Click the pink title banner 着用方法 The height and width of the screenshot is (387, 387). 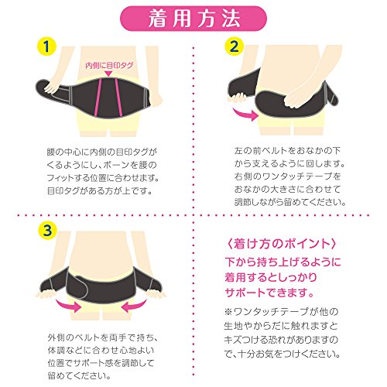coord(193,19)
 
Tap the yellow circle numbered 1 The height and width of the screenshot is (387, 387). coord(46,46)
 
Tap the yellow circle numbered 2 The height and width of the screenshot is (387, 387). coord(234,46)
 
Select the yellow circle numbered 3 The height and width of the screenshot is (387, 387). coord(47,230)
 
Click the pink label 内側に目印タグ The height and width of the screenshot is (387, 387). coord(109,66)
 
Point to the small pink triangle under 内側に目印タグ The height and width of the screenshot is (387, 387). coord(108,74)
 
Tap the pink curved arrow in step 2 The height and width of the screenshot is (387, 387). coord(245,115)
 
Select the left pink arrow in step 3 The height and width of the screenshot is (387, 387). coord(69,306)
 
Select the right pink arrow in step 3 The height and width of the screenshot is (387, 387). coord(134,306)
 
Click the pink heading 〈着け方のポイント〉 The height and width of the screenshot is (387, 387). coord(281,244)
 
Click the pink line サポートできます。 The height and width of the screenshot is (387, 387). coord(269,293)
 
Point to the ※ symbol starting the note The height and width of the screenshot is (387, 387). coord(228,312)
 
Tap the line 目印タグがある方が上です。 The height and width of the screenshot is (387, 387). coord(100,191)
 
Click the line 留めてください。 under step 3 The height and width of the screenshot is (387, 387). coord(80,375)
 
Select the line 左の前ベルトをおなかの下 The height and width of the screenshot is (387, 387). coord(287,151)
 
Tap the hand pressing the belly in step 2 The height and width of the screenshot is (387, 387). coord(297,98)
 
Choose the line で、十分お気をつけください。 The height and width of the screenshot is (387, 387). coord(283,354)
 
